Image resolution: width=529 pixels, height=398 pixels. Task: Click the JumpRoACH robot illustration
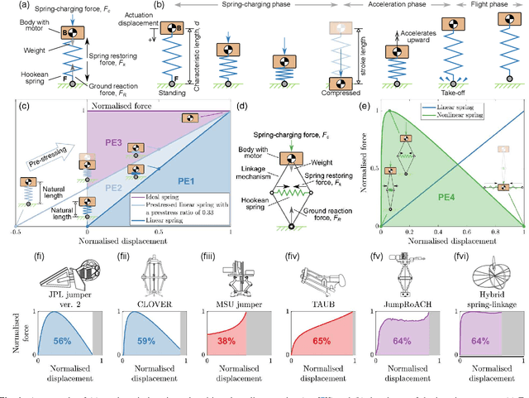[406, 276]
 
